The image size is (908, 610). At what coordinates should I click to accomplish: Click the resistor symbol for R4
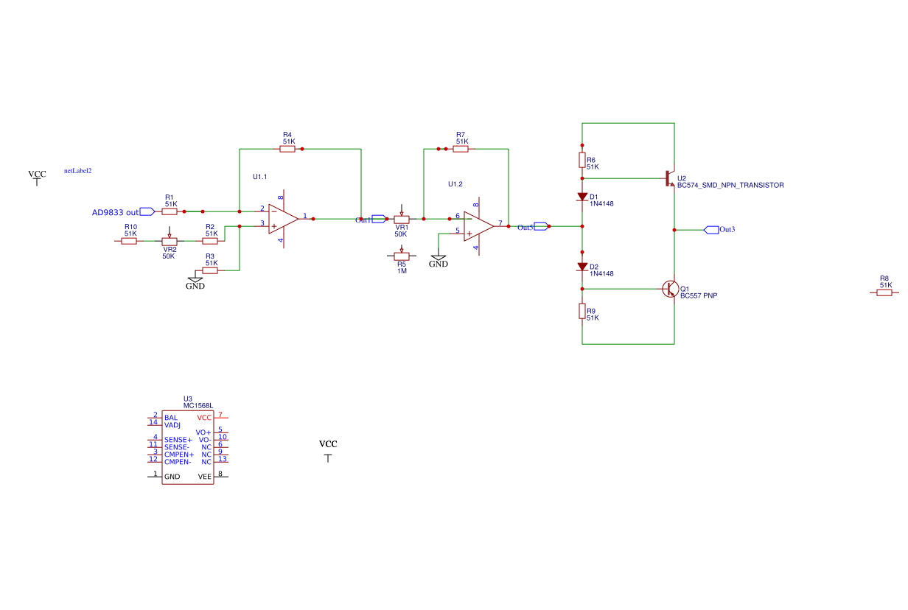click(x=287, y=149)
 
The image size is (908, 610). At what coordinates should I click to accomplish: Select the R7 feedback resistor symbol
click(x=460, y=149)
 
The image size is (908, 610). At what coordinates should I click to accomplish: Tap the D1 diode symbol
click(x=582, y=197)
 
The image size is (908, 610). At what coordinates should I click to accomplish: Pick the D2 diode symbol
click(x=582, y=267)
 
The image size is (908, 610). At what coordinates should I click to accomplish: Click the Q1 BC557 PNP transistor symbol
click(x=670, y=289)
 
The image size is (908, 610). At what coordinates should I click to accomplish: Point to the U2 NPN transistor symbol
click(x=669, y=178)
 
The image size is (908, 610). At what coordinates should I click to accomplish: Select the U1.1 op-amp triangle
click(x=283, y=219)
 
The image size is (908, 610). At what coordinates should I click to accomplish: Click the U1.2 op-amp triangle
click(x=479, y=226)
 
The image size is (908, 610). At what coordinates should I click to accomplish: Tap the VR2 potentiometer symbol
click(x=170, y=240)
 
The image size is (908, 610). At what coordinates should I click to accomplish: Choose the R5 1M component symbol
click(x=401, y=255)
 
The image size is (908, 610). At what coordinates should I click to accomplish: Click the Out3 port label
click(x=719, y=230)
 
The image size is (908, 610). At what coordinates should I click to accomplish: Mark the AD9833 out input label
click(x=123, y=212)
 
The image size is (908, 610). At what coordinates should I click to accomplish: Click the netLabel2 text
click(x=78, y=171)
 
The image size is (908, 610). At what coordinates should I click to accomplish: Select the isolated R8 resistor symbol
click(x=884, y=292)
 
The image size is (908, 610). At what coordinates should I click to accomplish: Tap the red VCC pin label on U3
click(x=204, y=418)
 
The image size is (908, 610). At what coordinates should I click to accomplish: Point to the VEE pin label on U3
click(x=205, y=477)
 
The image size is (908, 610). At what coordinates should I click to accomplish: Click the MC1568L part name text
click(x=198, y=406)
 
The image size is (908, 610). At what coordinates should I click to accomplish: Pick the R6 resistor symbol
click(x=582, y=160)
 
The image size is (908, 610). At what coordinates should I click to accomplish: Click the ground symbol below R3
click(x=195, y=280)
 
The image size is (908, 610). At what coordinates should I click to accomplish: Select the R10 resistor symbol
click(x=129, y=241)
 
